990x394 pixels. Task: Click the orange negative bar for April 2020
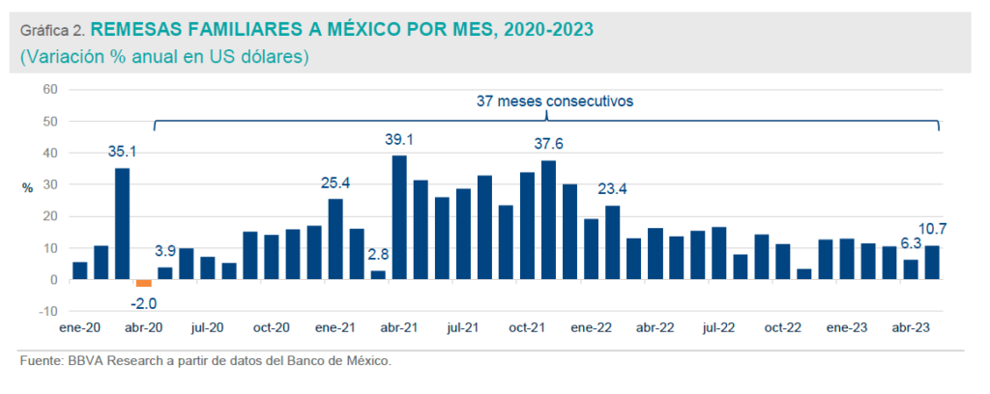pyautogui.click(x=143, y=283)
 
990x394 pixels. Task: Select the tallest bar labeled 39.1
pyautogui.click(x=399, y=217)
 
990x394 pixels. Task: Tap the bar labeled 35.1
pyautogui.click(x=122, y=224)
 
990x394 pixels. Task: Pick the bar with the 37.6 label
pyautogui.click(x=548, y=220)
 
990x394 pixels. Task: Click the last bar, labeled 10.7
pyautogui.click(x=932, y=263)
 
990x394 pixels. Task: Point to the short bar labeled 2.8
pyautogui.click(x=378, y=275)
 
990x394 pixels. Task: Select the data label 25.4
pyautogui.click(x=335, y=183)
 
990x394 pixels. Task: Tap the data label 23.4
pyautogui.click(x=612, y=189)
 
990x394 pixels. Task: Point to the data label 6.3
pyautogui.click(x=910, y=243)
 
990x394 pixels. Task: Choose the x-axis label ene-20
pyautogui.click(x=79, y=328)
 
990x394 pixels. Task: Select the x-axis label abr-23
pyautogui.click(x=910, y=328)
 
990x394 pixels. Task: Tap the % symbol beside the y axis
pyautogui.click(x=28, y=186)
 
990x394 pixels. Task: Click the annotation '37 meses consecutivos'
pyautogui.click(x=548, y=100)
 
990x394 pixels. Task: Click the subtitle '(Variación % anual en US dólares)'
pyautogui.click(x=163, y=57)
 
